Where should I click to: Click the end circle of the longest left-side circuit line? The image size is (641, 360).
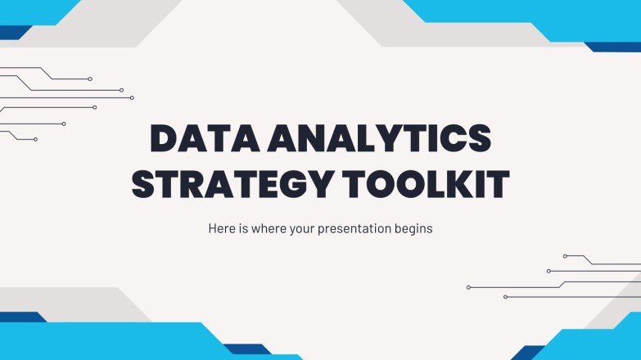[x=132, y=98]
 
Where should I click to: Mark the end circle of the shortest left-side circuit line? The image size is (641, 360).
[x=35, y=139]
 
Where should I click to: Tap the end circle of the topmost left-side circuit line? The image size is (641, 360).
[x=90, y=79]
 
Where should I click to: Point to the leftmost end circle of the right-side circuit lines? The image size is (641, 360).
[x=468, y=287]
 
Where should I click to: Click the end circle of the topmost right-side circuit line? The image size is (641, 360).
[x=565, y=256]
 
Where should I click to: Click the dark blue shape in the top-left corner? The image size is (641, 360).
[x=15, y=33]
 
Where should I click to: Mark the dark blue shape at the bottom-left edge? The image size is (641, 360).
[x=20, y=317]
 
